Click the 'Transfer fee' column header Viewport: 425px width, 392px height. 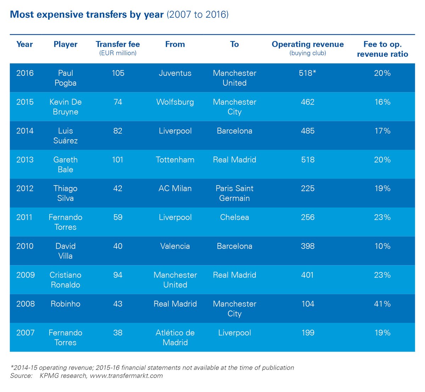pyautogui.click(x=118, y=44)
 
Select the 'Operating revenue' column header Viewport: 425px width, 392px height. pyautogui.click(x=307, y=44)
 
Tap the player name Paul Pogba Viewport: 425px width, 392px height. pyautogui.click(x=66, y=78)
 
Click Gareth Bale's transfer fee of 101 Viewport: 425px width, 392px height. pyautogui.click(x=118, y=160)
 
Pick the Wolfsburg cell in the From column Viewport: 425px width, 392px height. pyautogui.click(x=175, y=102)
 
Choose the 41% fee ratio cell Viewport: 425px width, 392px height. pyautogui.click(x=382, y=304)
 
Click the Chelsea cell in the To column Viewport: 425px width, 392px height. pyautogui.click(x=234, y=217)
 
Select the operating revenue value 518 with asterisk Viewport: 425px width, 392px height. pyautogui.click(x=307, y=73)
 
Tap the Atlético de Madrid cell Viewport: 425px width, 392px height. pyautogui.click(x=175, y=337)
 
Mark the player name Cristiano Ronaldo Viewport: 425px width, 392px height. pyautogui.click(x=66, y=280)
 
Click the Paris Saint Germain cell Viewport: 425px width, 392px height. pyautogui.click(x=234, y=193)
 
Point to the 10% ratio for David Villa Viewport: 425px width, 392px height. pyautogui.click(x=382, y=246)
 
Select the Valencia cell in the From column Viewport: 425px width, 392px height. pyautogui.click(x=175, y=246)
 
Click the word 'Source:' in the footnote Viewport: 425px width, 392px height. pyautogui.click(x=21, y=376)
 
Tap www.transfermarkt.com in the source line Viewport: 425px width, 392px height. pyautogui.click(x=126, y=376)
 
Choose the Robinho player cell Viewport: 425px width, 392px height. pyautogui.click(x=66, y=304)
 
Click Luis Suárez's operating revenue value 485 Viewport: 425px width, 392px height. pyautogui.click(x=307, y=131)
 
